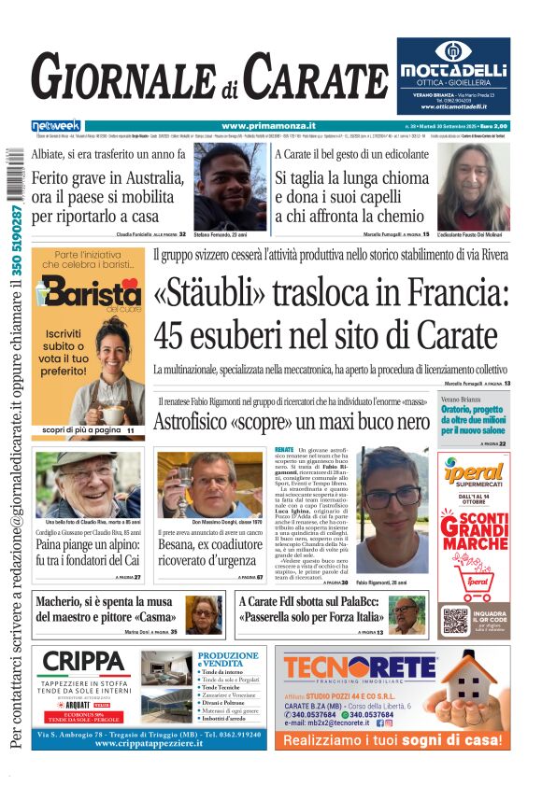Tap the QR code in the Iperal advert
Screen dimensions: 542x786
[x=456, y=620]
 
